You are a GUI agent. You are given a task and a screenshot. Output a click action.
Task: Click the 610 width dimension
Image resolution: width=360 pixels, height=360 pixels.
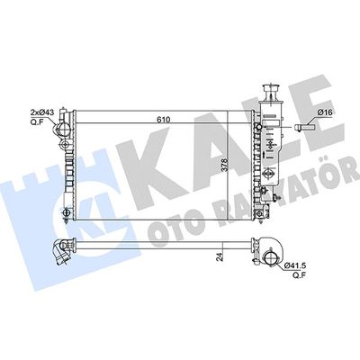click(x=164, y=120)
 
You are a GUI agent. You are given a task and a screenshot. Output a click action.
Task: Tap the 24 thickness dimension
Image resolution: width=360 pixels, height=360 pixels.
click(x=220, y=256)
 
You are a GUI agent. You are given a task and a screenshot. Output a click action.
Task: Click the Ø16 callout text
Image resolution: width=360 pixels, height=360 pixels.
click(x=325, y=112)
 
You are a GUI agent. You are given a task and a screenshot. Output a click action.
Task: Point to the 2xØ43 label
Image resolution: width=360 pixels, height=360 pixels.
click(x=42, y=112)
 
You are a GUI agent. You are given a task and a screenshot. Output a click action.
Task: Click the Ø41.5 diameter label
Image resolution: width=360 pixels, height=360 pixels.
click(x=294, y=265)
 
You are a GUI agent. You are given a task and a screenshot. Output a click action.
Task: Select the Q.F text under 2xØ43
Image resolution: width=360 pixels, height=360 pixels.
click(x=36, y=121)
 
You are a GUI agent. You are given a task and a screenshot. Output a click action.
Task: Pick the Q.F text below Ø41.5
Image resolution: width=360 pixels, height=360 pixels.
click(x=300, y=274)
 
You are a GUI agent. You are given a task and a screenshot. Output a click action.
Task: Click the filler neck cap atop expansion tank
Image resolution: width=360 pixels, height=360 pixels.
click(x=271, y=89)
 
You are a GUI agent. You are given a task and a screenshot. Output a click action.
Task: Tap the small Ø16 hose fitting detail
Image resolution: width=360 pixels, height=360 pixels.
click(x=304, y=127)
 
